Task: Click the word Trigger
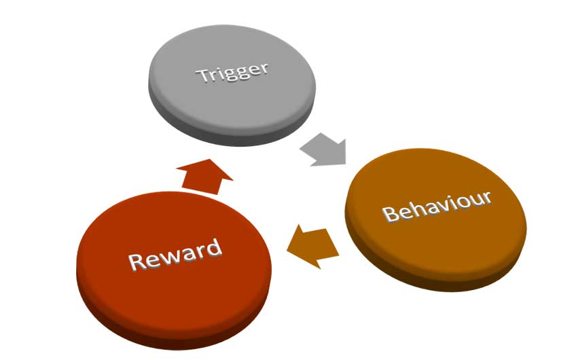232,72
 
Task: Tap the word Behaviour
437,206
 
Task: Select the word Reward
175,253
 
